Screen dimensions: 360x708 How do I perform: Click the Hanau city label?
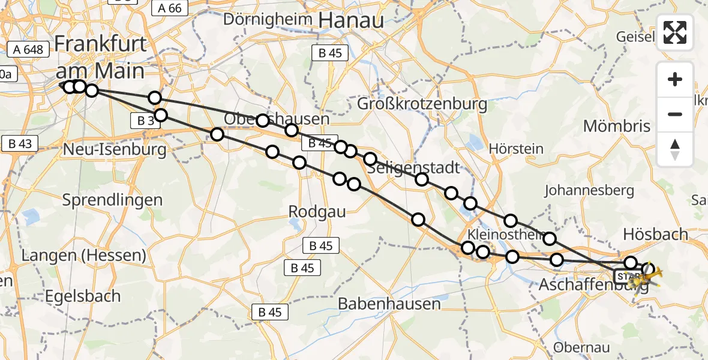351,20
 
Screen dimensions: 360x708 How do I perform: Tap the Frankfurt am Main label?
100,58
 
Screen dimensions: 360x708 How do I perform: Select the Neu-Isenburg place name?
115,148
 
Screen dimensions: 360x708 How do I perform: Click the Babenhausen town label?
389,304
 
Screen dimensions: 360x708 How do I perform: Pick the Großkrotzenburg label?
422,104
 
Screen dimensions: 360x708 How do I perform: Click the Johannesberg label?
589,191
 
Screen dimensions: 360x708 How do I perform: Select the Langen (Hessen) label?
83,256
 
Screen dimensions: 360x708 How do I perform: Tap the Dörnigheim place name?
268,19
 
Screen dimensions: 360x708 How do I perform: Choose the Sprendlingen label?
113,200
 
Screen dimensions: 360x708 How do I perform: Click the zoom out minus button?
675,114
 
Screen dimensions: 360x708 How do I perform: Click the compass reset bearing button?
675,149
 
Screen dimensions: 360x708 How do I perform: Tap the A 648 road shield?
28,49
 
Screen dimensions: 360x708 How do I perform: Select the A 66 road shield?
170,8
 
